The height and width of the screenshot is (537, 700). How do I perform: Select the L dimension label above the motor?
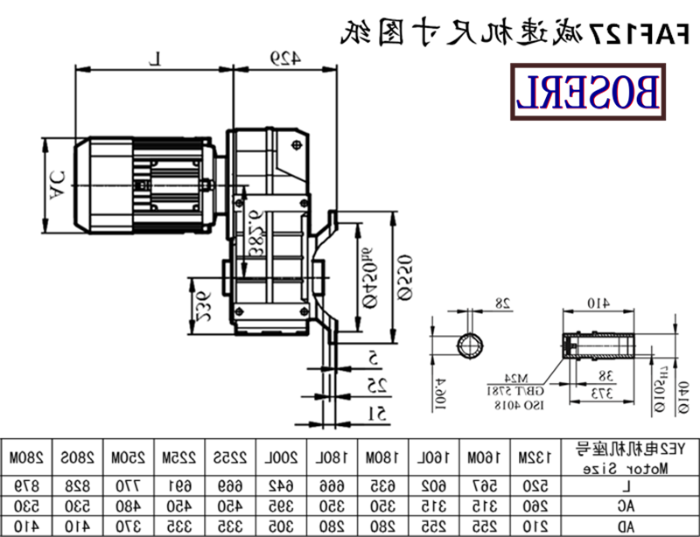click(155, 59)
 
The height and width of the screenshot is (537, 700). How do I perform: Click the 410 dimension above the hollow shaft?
click(598, 303)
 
